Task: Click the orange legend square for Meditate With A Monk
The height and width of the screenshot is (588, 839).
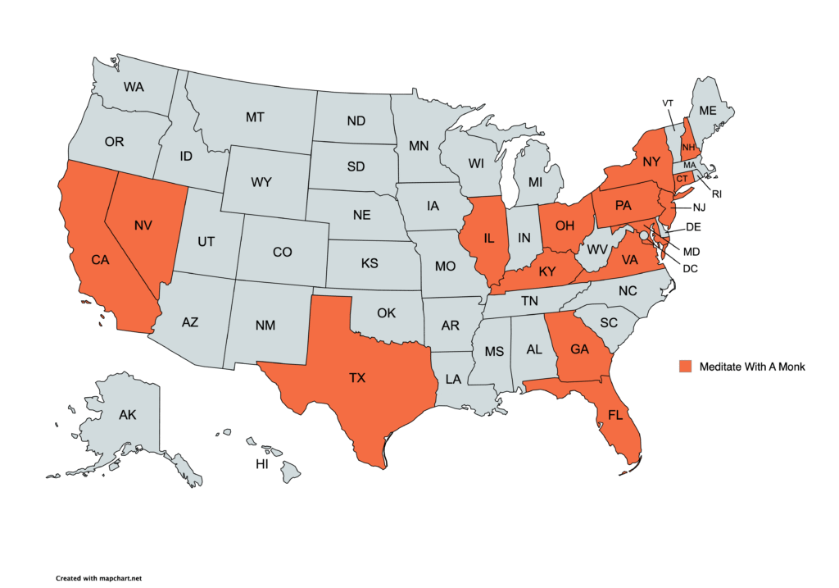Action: point(685,367)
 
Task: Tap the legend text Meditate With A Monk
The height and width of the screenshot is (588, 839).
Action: point(752,367)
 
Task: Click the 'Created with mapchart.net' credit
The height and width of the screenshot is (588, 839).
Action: point(93,577)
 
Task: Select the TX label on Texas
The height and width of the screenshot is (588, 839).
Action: point(357,378)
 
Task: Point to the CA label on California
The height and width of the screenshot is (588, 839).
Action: point(100,260)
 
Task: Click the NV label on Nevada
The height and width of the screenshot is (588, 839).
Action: point(143,224)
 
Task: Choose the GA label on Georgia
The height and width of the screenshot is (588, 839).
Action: point(580,349)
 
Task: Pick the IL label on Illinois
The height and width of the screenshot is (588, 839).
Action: point(489,238)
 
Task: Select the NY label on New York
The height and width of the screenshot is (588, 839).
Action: point(651,162)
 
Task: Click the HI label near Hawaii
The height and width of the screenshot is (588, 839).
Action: point(262,464)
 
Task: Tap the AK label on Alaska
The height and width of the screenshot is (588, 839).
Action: point(127,415)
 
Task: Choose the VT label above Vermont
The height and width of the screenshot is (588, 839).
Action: point(668,103)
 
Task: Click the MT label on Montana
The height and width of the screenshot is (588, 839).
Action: point(255,117)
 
